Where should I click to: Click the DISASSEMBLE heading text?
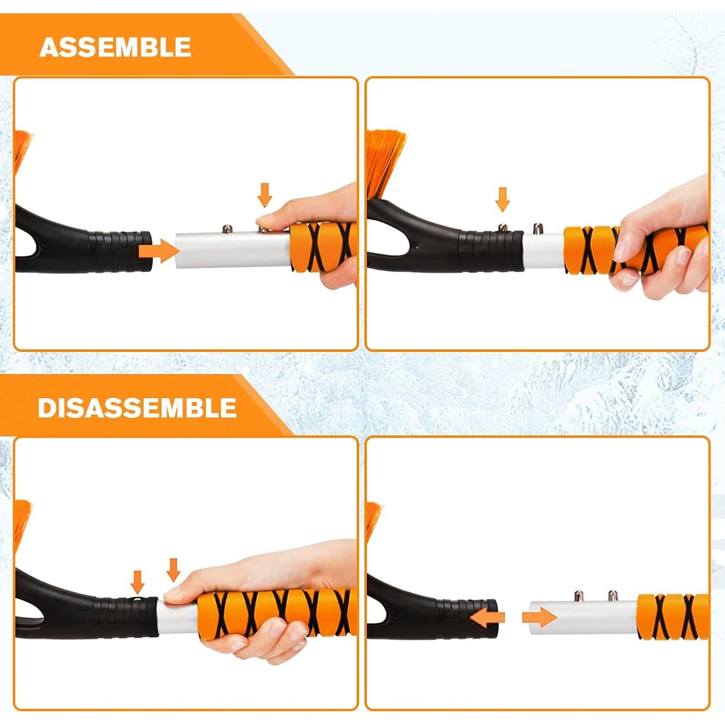[137, 408]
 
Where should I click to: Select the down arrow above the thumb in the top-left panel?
[264, 194]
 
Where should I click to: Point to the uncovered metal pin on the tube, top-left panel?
[226, 228]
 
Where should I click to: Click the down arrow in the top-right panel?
[503, 199]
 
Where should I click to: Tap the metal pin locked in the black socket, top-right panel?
[503, 227]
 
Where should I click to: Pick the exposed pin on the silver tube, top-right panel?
[537, 227]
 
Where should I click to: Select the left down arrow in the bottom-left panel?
[138, 581]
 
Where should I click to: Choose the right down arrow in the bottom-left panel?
[173, 569]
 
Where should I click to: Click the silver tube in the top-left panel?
[232, 250]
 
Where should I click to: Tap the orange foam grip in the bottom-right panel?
[672, 617]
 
